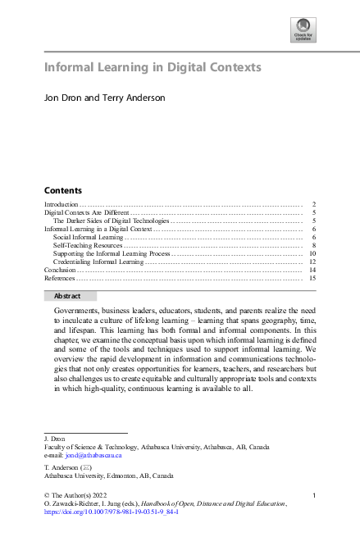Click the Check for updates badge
point(304,32)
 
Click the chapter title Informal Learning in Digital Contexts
point(153,67)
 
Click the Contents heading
point(62,189)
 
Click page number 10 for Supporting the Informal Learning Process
point(312,254)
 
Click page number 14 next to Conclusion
point(312,271)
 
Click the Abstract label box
point(70,296)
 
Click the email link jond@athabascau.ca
point(94,454)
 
